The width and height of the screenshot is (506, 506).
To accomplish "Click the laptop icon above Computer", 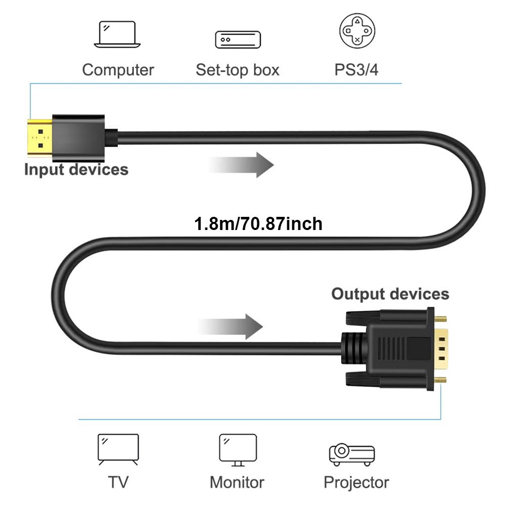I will [x=118, y=34].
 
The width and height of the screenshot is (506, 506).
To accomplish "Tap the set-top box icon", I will [x=238, y=39].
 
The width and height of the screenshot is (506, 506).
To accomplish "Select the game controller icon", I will [x=357, y=31].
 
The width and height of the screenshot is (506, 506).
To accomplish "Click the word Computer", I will [x=118, y=70].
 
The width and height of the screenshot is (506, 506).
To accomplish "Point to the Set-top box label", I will [x=238, y=70].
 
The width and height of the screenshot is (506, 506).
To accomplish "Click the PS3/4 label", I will [x=356, y=70].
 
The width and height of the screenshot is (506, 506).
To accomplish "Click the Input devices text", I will [x=76, y=169].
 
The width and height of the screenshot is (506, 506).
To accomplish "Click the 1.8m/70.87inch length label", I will [x=258, y=223].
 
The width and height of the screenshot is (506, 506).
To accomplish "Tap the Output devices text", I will [x=390, y=294].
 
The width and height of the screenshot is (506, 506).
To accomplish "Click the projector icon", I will [x=351, y=453].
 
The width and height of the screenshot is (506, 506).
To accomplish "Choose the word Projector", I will [x=356, y=482].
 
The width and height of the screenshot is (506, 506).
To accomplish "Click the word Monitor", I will [x=237, y=482].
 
